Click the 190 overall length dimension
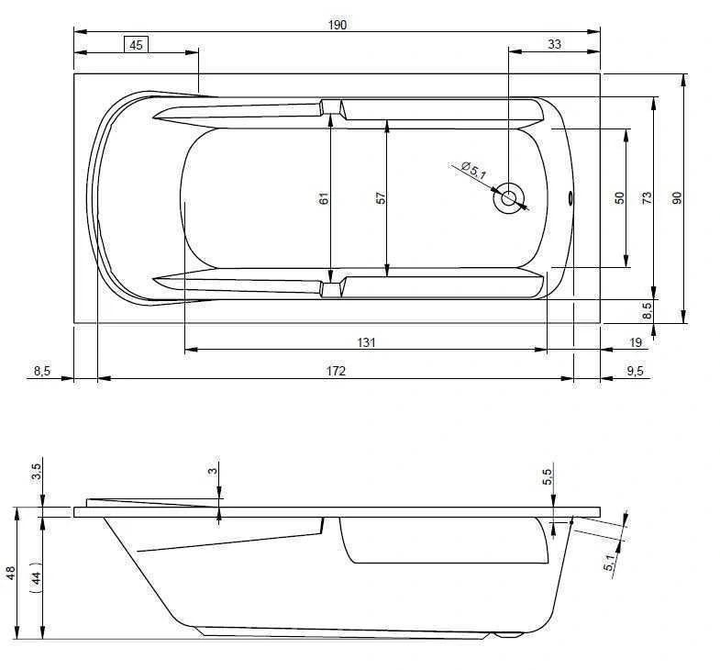point(337,25)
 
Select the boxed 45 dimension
point(136,45)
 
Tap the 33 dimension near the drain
point(554,44)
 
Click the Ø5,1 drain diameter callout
point(474,171)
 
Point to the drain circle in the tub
point(508,198)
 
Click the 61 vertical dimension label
point(324,198)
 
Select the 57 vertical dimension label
point(381,198)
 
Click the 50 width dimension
point(619,198)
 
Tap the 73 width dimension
point(647,198)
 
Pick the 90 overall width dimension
point(676,198)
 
